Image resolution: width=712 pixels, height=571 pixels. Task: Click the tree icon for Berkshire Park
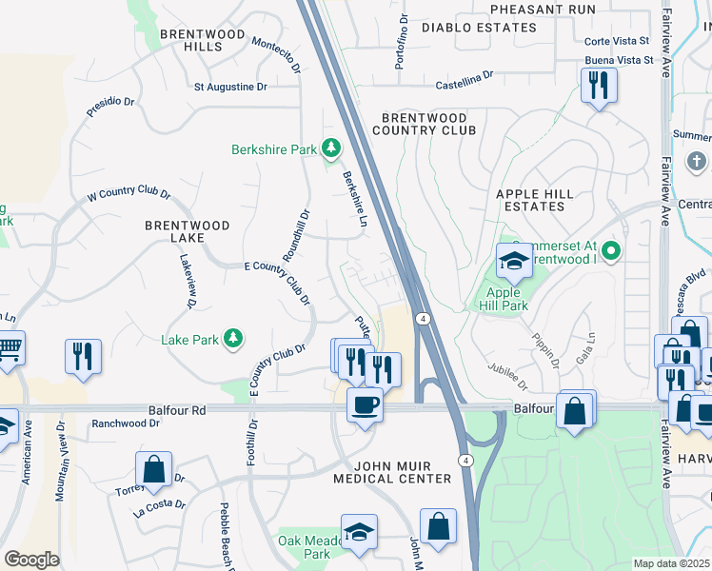331,148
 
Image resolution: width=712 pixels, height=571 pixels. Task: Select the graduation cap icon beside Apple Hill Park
514,260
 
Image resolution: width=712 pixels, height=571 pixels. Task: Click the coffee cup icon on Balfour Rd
365,405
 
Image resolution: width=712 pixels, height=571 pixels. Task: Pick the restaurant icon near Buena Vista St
599,86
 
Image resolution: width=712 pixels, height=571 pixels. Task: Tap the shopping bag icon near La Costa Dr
153,469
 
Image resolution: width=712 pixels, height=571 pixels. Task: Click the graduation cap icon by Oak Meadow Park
359,532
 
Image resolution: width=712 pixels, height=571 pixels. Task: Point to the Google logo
31,559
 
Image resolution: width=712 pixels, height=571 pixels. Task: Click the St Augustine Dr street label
230,87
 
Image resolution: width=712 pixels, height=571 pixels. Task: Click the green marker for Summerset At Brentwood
611,252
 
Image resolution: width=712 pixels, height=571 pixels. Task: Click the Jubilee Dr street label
508,381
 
